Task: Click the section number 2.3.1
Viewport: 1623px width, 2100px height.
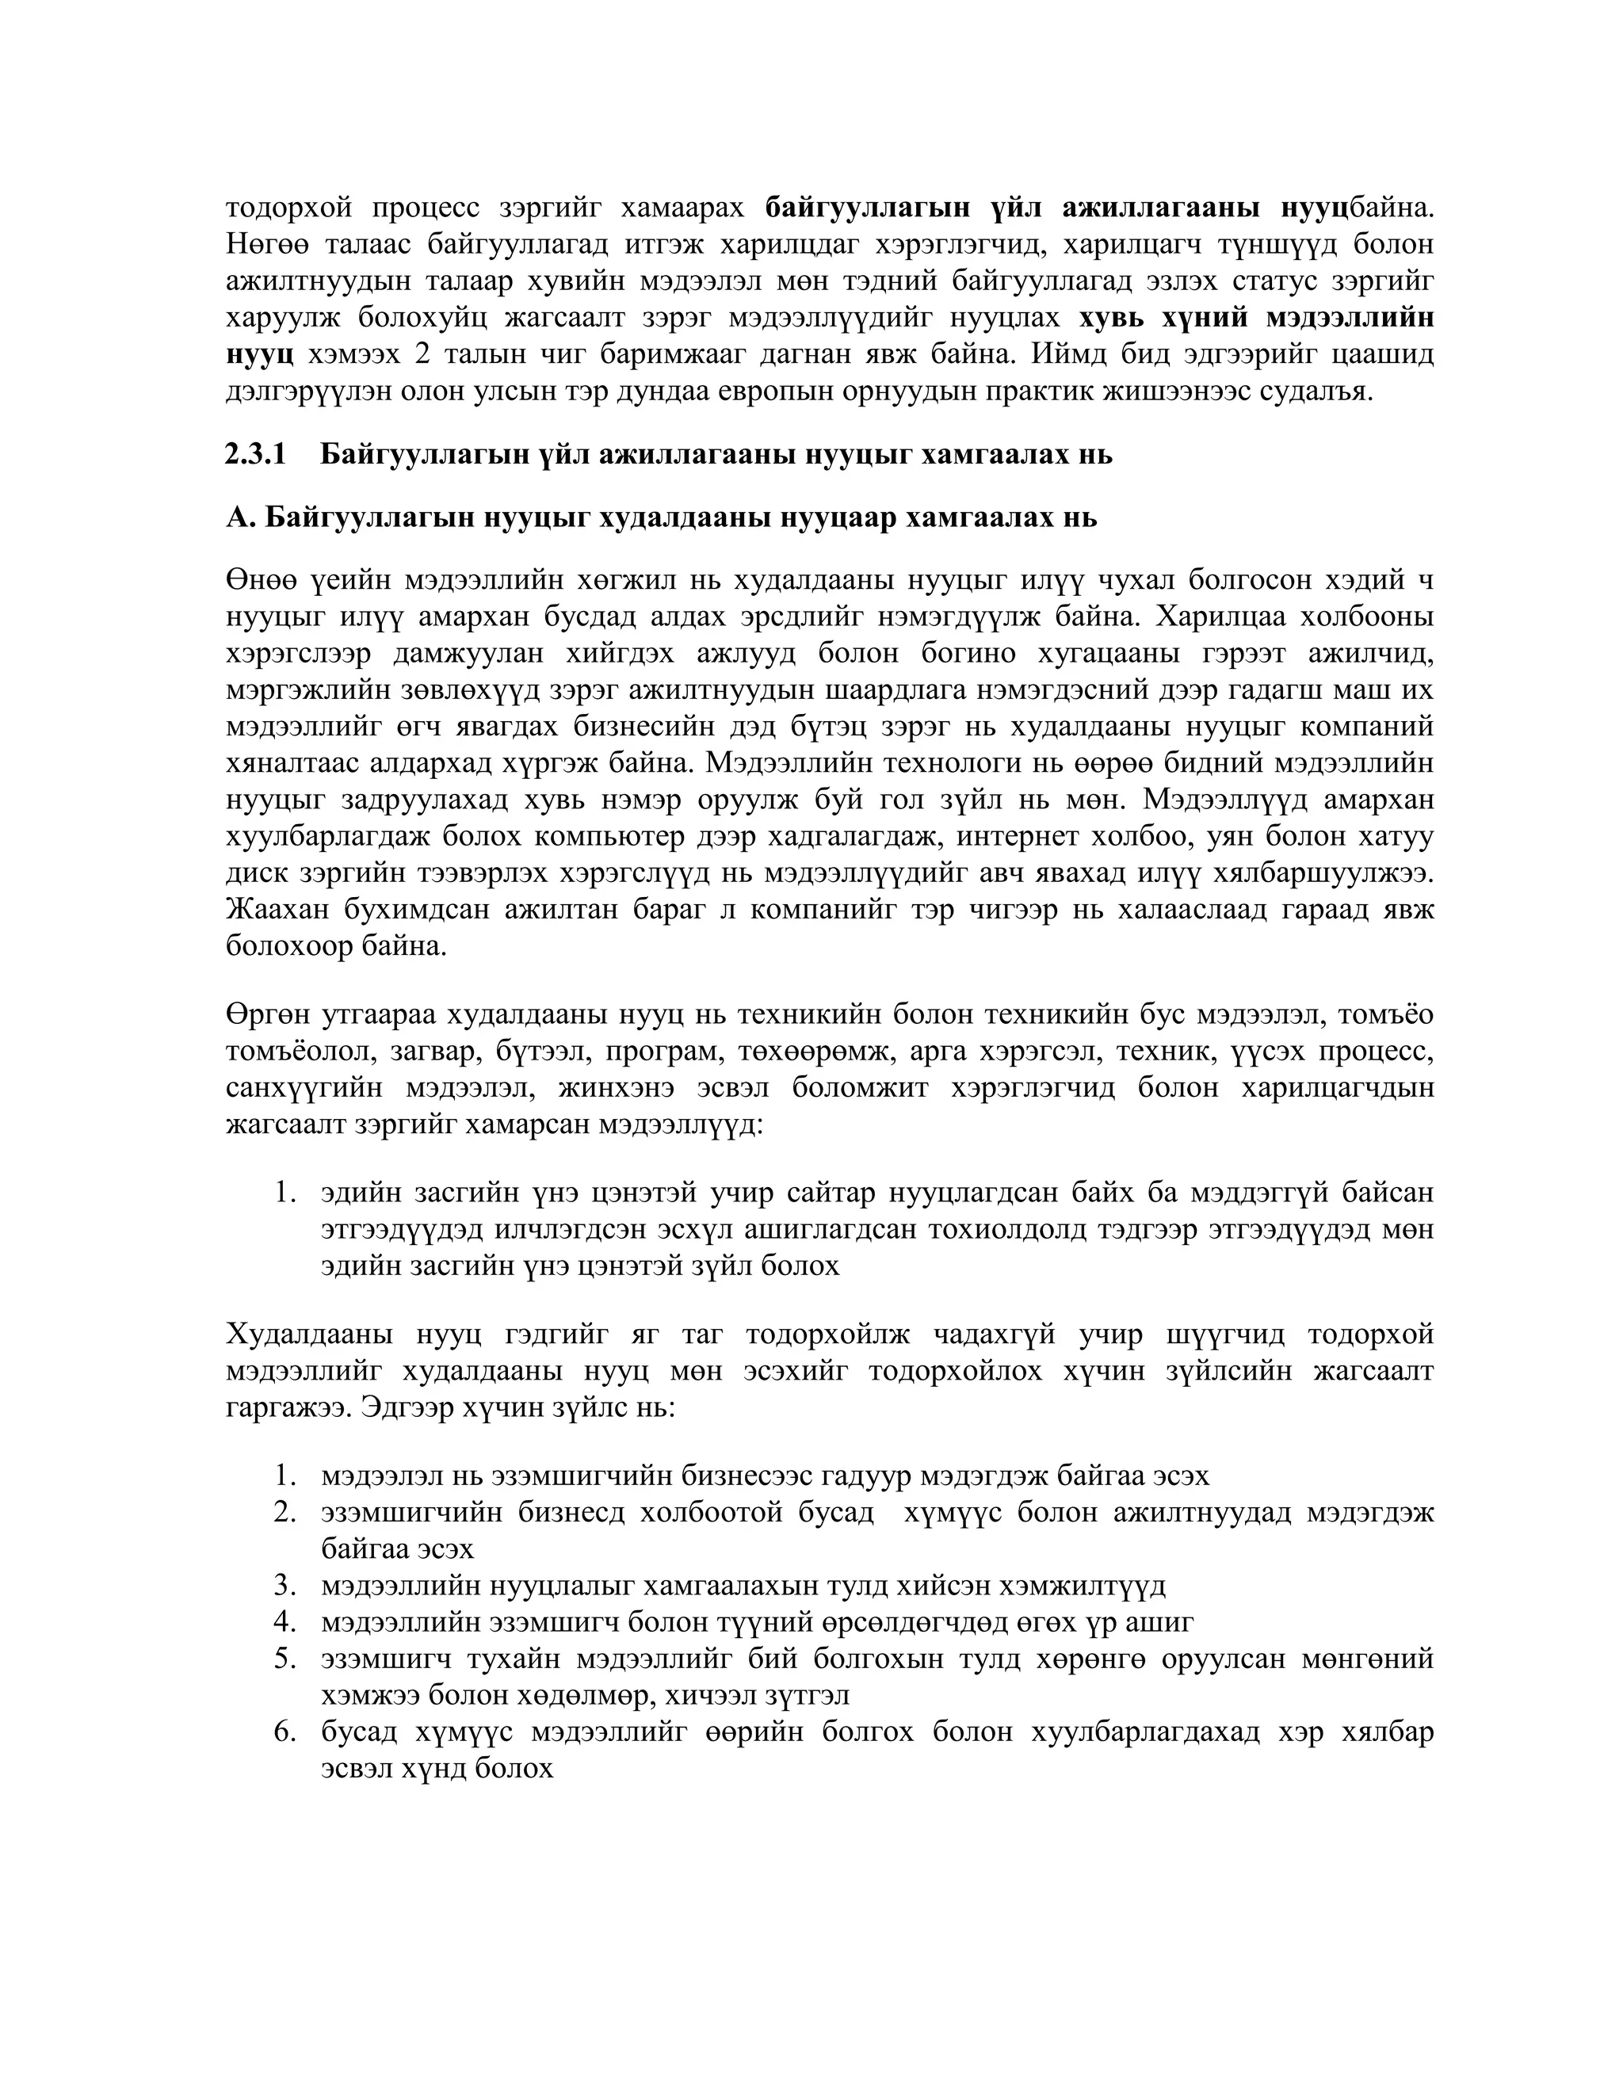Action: coord(256,454)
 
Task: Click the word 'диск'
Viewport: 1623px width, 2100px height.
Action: coord(254,873)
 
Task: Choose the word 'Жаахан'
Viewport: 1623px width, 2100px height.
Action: coord(270,910)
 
